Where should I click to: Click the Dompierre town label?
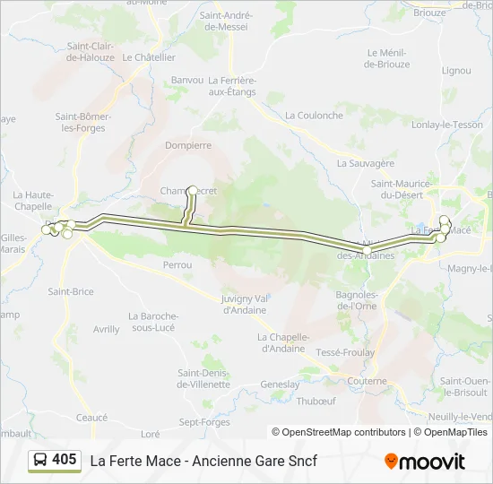click(188, 144)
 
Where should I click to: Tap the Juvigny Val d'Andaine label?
click(245, 304)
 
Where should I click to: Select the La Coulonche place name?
click(314, 116)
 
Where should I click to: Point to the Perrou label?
click(177, 265)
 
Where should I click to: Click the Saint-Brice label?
click(71, 291)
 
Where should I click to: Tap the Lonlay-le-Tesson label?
click(446, 125)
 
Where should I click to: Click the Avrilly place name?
click(106, 329)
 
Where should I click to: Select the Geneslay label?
click(280, 384)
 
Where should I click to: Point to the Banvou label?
click(187, 80)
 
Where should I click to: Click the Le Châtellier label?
click(149, 56)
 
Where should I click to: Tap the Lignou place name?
click(456, 70)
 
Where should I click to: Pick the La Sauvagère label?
click(366, 163)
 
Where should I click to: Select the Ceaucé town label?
click(91, 418)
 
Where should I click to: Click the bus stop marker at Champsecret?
click(193, 190)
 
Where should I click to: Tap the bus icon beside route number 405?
click(40, 461)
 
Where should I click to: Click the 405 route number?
click(65, 460)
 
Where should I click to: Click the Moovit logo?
click(425, 462)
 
